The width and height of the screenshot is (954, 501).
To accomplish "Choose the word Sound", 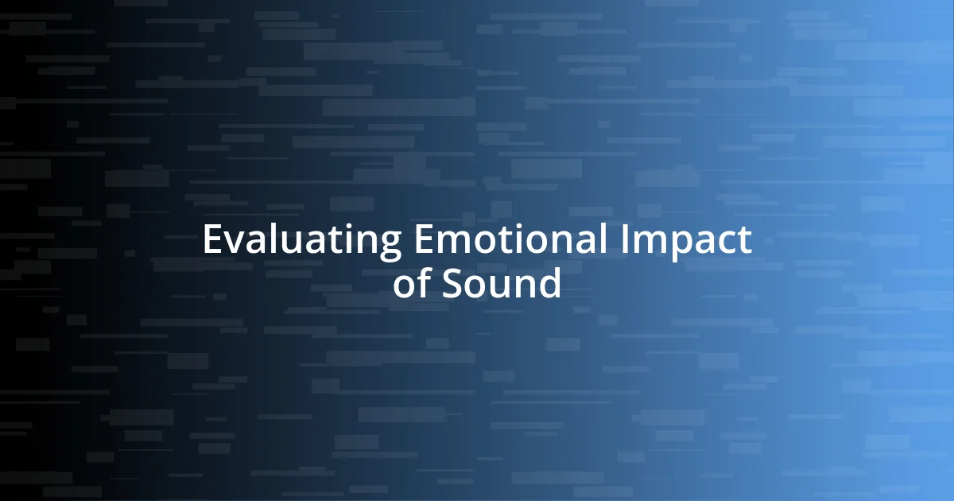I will click(502, 283).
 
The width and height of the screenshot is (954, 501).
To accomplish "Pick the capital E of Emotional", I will click(422, 240).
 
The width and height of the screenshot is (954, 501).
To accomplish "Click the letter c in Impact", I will click(728, 243).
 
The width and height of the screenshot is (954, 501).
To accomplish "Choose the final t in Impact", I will click(745, 241).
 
